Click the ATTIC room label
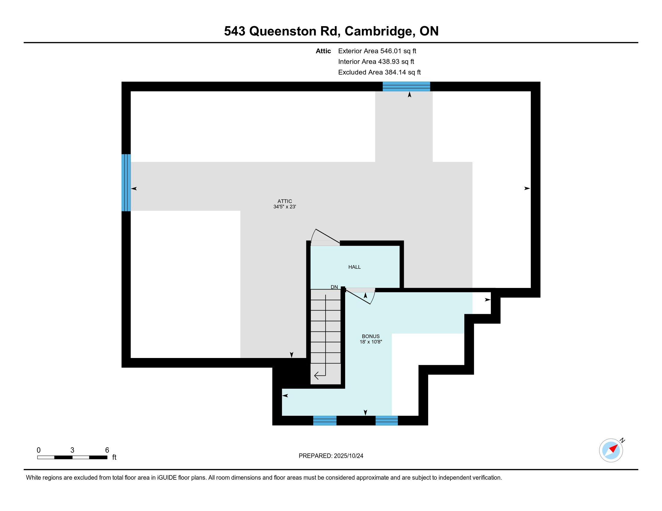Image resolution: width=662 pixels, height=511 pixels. [285, 201]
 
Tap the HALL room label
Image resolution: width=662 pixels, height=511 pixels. [354, 267]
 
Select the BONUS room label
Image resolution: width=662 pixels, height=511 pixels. [371, 336]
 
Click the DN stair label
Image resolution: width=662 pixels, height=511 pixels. [334, 287]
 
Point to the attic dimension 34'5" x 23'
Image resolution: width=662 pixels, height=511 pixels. [285, 207]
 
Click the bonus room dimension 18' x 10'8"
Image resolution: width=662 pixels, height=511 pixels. [371, 342]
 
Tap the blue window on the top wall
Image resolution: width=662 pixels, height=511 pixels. [406, 86]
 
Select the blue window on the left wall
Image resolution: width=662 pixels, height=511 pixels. [126, 182]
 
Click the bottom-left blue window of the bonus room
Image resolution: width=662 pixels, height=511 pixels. [325, 421]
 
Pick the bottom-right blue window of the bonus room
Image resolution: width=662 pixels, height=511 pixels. [386, 421]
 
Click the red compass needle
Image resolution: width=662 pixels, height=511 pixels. [614, 448]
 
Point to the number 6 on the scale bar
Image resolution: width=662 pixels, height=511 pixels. [107, 450]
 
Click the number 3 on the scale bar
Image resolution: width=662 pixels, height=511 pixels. [72, 450]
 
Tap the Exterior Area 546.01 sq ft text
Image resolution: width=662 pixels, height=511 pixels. [377, 51]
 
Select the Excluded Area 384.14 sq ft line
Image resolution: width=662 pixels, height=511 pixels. [379, 72]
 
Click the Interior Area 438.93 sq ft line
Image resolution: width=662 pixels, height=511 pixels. [376, 61]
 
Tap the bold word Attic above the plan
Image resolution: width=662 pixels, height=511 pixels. [323, 51]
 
